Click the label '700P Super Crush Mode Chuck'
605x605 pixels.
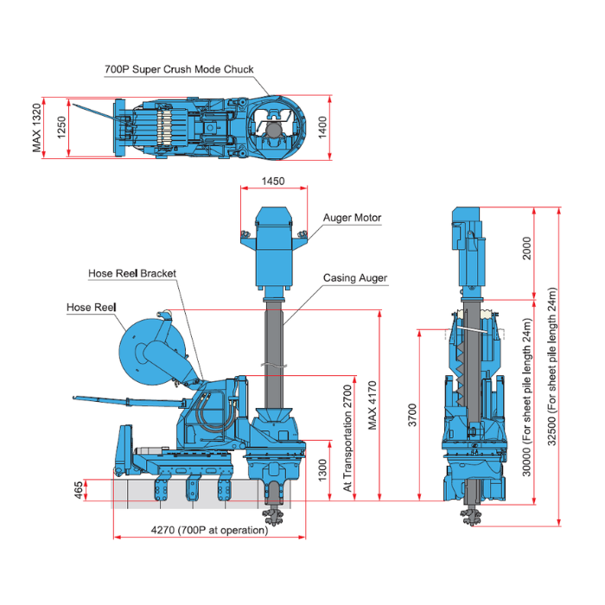point(179,69)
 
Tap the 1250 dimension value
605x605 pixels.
point(60,127)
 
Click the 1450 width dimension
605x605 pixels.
point(273,182)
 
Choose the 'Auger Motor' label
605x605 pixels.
point(352,218)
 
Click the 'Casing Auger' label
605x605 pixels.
point(355,278)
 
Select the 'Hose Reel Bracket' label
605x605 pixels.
point(132,273)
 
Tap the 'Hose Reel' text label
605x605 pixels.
point(91,307)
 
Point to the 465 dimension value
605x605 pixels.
point(80,490)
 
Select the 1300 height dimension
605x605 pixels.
point(322,469)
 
